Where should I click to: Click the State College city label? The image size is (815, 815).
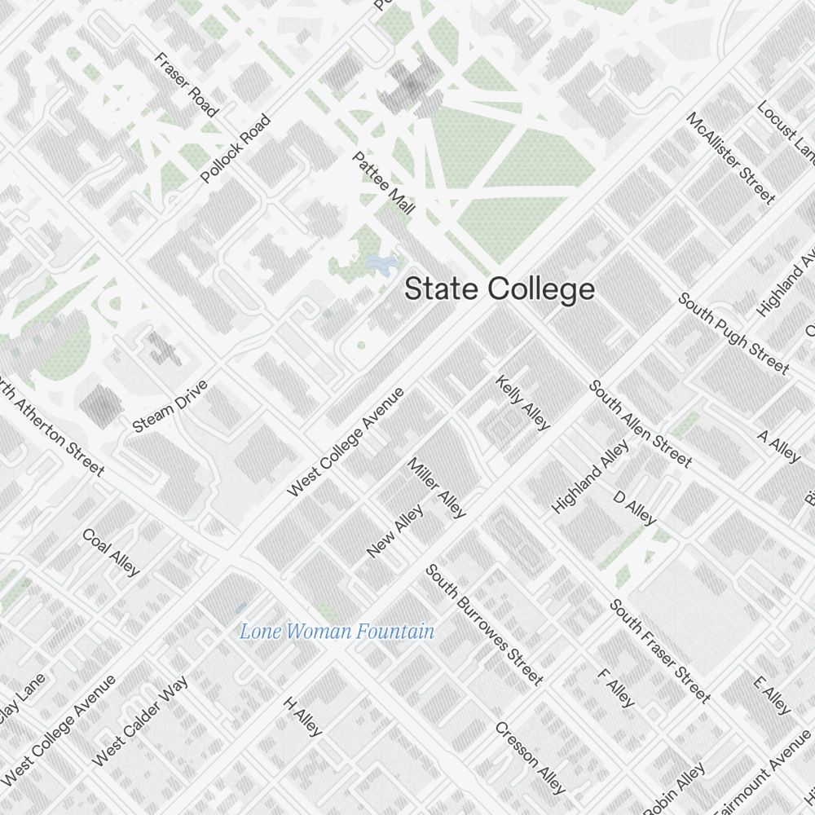coord(500,289)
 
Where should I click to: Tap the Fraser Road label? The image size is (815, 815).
coord(187,85)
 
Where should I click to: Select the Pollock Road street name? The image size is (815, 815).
coord(236,148)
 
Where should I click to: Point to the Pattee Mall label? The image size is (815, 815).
coord(384,183)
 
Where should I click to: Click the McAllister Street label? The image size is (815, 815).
coord(731,157)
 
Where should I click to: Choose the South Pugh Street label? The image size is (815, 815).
coord(733,333)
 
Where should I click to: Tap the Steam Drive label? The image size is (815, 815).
coord(170,406)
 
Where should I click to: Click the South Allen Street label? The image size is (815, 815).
coord(641,424)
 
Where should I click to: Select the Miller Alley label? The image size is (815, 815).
coord(437,487)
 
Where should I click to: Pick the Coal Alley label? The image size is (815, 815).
coord(111,552)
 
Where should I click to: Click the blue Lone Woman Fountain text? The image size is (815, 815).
coord(337,631)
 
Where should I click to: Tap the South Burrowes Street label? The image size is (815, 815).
coord(483,624)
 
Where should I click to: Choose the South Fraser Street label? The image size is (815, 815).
coord(660,650)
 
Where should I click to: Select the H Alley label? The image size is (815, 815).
coord(303,716)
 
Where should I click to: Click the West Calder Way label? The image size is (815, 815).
coord(140,720)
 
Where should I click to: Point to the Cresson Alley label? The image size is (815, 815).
coord(530,758)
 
